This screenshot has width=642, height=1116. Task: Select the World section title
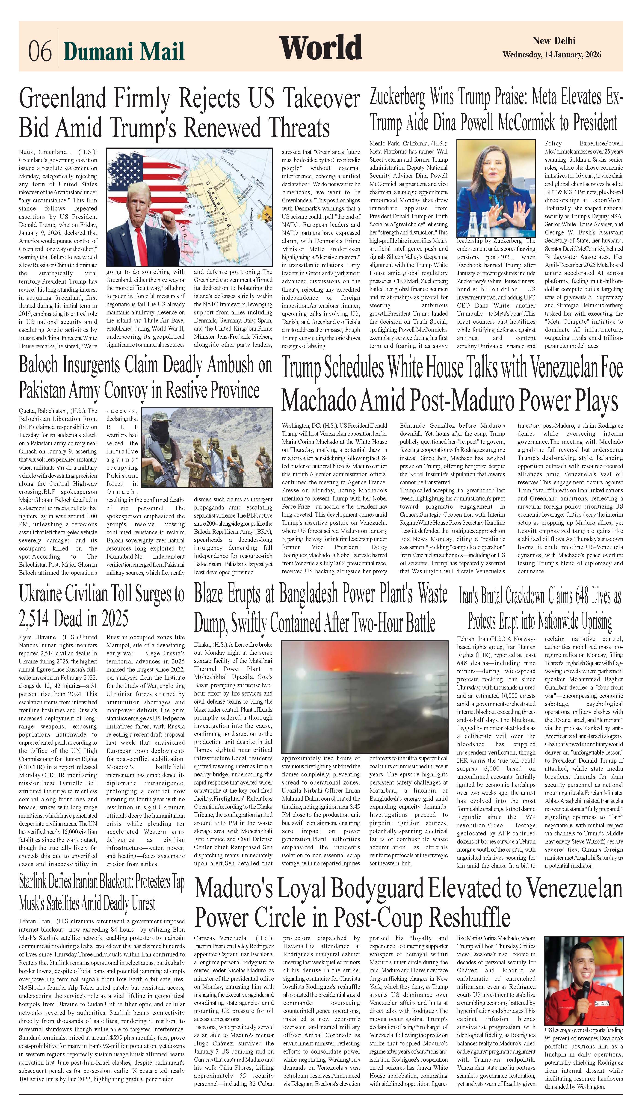321,48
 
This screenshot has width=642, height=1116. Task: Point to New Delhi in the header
554,41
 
